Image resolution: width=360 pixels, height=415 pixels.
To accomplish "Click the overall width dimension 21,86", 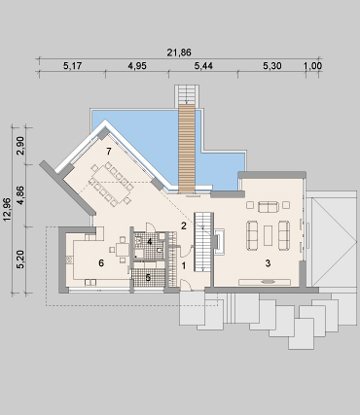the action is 179,52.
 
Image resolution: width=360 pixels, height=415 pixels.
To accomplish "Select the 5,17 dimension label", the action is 72,66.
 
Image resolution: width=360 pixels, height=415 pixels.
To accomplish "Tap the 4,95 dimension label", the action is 137,66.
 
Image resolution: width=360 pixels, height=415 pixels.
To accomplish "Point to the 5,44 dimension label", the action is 203,66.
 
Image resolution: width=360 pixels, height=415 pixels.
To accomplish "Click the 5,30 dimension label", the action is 271,66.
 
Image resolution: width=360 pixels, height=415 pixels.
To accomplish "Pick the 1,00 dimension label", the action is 312,66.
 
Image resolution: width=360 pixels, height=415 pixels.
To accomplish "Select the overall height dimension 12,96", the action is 7,209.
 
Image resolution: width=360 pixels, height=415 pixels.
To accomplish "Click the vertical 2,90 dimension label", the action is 20,146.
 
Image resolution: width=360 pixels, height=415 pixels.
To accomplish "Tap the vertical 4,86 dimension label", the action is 20,195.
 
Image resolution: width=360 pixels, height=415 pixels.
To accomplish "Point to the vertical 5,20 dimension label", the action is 20,260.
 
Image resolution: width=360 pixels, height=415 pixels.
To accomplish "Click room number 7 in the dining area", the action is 109,151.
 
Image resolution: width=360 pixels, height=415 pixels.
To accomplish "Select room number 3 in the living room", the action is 268,263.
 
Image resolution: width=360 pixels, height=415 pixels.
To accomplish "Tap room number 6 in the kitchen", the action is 101,263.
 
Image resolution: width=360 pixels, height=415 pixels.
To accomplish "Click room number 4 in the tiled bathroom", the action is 150,242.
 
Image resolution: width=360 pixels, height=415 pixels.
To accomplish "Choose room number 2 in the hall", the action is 184,225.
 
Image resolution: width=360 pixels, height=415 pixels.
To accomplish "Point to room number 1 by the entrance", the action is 184,266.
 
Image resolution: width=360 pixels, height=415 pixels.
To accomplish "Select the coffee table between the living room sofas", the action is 268,235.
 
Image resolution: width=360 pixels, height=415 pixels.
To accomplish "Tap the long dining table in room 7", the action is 111,184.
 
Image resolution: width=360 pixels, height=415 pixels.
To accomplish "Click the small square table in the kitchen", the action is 123,250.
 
